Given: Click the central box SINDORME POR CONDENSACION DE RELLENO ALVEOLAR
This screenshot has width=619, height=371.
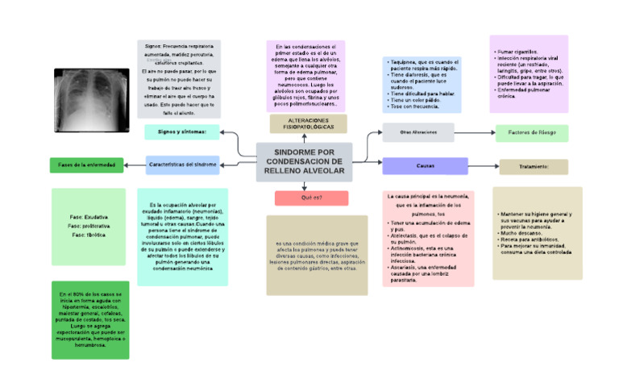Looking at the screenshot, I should [304, 162].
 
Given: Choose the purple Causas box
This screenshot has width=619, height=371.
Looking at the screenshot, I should [425, 165].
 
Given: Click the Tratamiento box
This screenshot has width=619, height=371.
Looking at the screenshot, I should [533, 166].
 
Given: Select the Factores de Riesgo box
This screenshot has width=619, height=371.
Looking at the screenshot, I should [533, 132].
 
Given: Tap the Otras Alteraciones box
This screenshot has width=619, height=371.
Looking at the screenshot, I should [418, 131].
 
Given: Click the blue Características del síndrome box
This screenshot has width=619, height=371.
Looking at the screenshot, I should [182, 165].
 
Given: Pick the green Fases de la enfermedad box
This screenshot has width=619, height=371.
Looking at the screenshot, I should [88, 165].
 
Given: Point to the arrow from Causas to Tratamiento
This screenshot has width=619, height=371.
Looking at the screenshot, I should [484, 166].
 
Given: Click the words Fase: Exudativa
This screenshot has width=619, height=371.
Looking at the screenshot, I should [89, 217].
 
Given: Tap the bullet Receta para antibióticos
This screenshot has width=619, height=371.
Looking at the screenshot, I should [526, 239].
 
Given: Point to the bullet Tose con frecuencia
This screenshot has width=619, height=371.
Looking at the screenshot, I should [415, 106].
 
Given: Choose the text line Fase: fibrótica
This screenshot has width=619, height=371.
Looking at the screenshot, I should [89, 235].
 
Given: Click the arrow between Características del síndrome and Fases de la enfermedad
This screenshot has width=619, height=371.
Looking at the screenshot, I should [135, 165].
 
